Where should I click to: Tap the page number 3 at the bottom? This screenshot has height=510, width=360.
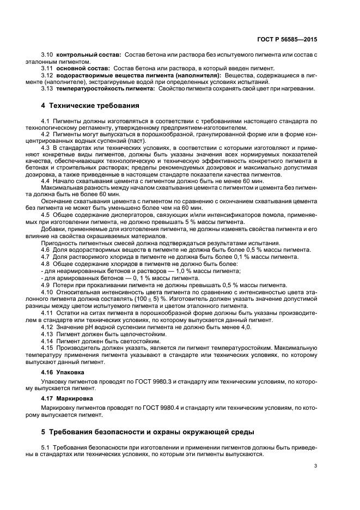pos(315,466)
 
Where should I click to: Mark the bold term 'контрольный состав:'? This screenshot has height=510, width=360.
pos(89,56)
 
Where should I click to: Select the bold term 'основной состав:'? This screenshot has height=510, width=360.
pos(84,68)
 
